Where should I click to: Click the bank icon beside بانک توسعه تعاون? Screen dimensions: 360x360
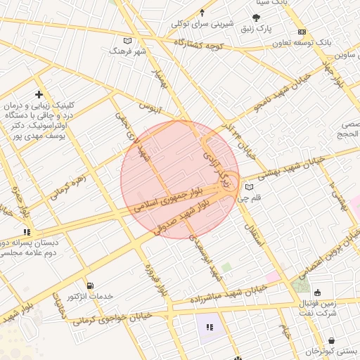pyautogui.click(x=302, y=32)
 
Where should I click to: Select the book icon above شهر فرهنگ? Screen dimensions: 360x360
pyautogui.click(x=127, y=41)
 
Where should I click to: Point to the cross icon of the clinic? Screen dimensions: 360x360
pyautogui.click(x=39, y=94)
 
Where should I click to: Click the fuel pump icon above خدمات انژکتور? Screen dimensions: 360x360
pyautogui.click(x=89, y=285)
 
